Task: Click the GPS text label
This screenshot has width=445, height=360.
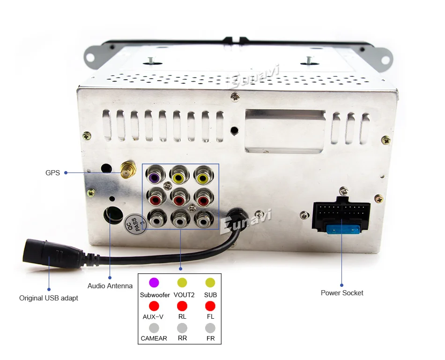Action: pyautogui.click(x=52, y=172)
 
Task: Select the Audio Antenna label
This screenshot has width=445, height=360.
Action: pyautogui.click(x=110, y=286)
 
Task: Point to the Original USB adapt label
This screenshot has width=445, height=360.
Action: pyautogui.click(x=49, y=298)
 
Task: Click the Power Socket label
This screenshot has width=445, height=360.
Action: pyautogui.click(x=342, y=293)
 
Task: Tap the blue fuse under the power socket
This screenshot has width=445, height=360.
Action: pyautogui.click(x=341, y=230)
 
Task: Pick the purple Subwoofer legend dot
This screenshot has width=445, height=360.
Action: pyautogui.click(x=154, y=283)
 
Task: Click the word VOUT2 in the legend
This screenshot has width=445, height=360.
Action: pyautogui.click(x=183, y=295)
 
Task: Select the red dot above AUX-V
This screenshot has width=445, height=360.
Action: pyautogui.click(x=154, y=306)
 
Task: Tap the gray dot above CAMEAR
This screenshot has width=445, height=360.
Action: pyautogui.click(x=154, y=328)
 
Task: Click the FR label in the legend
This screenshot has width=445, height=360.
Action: pyautogui.click(x=210, y=338)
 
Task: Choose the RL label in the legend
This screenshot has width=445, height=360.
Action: pyautogui.click(x=182, y=317)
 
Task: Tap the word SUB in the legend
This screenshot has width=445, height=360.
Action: pyautogui.click(x=210, y=295)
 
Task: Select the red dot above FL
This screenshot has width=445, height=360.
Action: pyautogui.click(x=210, y=306)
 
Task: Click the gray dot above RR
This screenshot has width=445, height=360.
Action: pyautogui.click(x=182, y=328)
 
